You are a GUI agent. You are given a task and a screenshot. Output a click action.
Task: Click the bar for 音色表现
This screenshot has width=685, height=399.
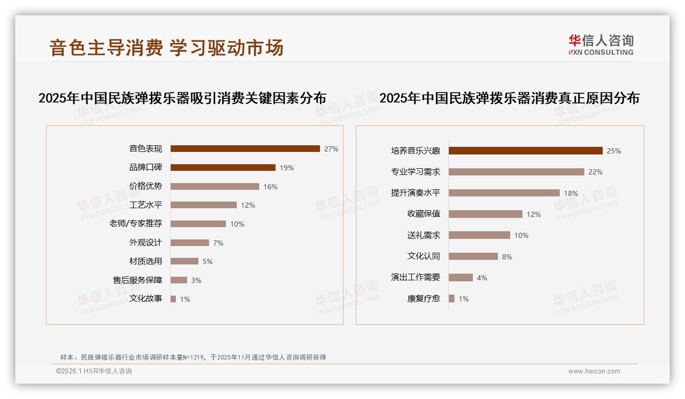tap(245, 149)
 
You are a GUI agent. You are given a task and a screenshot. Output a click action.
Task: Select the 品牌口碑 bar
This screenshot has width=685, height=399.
tap(223, 168)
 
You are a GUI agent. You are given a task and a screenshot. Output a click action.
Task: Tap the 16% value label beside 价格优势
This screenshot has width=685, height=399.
tap(270, 187)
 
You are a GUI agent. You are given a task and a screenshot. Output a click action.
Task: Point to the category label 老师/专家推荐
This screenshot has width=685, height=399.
tap(135, 224)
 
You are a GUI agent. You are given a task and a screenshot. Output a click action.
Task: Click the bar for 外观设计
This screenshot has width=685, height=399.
tap(190, 242)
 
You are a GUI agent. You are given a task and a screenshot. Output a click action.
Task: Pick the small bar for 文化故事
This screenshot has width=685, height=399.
tap(173, 299)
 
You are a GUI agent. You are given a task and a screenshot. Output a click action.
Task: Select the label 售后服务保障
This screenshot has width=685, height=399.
tap(138, 280)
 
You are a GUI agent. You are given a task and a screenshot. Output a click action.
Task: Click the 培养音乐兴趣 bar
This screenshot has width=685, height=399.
tap(526, 151)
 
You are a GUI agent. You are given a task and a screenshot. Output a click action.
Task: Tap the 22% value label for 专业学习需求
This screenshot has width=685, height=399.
tap(595, 172)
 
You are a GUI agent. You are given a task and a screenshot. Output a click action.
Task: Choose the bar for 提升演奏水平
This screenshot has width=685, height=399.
tap(504, 193)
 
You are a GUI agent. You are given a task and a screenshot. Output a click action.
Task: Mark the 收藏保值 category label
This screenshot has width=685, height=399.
tap(424, 214)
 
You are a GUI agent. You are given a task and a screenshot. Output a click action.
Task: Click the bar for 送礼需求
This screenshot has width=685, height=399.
tap(479, 235)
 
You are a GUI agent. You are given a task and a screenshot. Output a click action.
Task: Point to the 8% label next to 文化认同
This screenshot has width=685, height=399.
tap(507, 257)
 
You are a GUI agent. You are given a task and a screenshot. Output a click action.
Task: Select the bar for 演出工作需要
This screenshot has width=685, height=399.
tap(461, 277)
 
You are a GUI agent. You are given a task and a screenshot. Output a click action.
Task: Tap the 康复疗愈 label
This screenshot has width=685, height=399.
tap(424, 298)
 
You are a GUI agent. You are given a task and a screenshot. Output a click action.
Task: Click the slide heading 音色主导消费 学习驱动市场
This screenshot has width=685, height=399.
tap(167, 48)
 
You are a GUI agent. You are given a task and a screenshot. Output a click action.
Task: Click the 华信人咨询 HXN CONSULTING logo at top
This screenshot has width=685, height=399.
tap(601, 45)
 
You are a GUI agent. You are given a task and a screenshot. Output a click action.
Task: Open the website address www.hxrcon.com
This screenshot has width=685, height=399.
tap(594, 371)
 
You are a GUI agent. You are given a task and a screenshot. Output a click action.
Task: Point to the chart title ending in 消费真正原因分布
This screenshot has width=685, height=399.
tap(509, 98)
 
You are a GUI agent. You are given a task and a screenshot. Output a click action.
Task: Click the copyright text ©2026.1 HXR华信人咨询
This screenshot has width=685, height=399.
tap(94, 371)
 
